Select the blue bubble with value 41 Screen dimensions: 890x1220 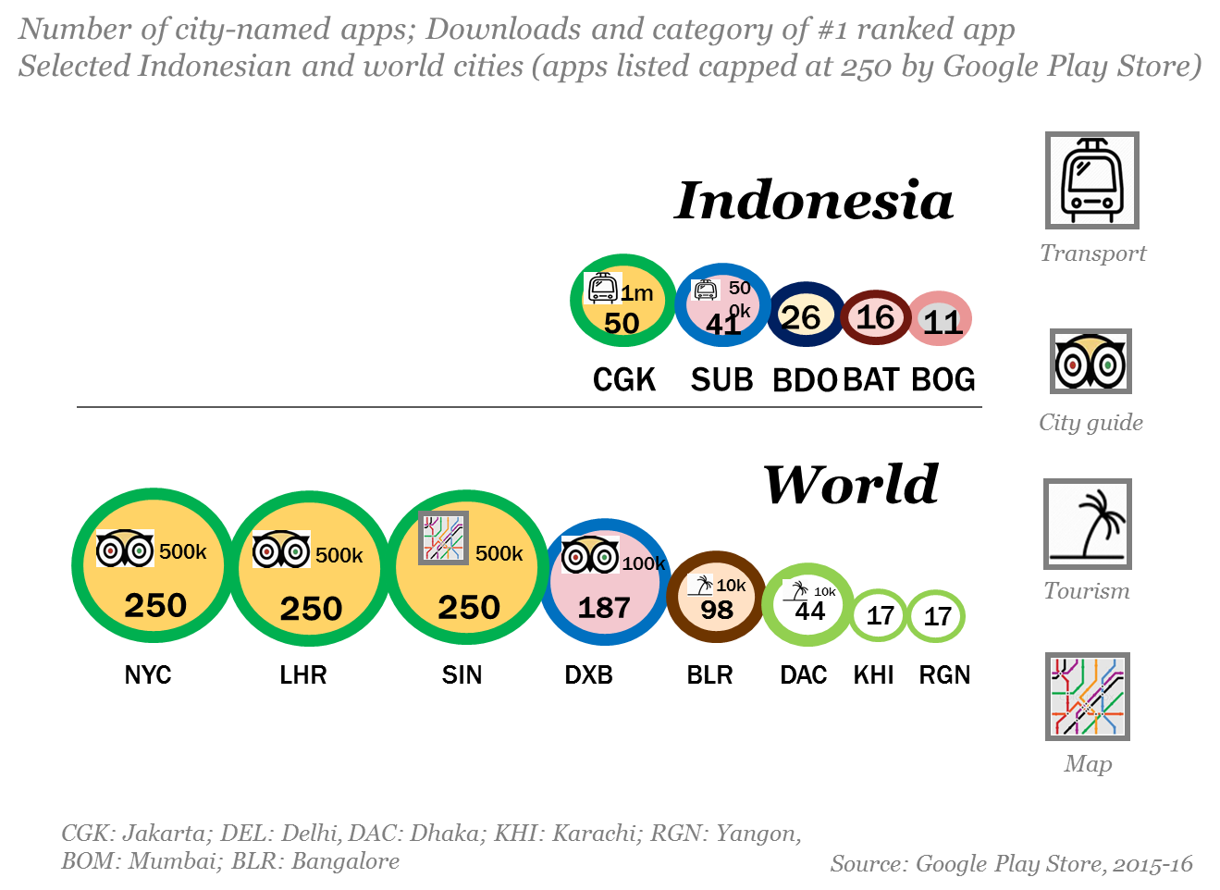722,305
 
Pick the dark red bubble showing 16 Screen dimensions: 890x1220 875,317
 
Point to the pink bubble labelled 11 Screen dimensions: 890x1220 940,319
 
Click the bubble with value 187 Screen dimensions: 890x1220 604,583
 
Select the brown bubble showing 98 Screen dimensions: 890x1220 716,597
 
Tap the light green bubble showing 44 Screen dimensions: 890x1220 807,604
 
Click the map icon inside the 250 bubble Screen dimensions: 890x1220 443,538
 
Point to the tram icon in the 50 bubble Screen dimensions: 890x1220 602,288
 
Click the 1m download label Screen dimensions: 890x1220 637,293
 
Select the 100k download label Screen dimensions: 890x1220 643,563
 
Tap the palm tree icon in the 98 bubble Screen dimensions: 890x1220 702,585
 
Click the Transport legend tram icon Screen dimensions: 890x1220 1091,180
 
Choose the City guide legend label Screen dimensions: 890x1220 1091,423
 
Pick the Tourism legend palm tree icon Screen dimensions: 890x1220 1087,524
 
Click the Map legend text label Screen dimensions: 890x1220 1088,763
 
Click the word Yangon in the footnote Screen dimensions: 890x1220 757,834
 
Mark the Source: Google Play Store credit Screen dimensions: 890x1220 1011,864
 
